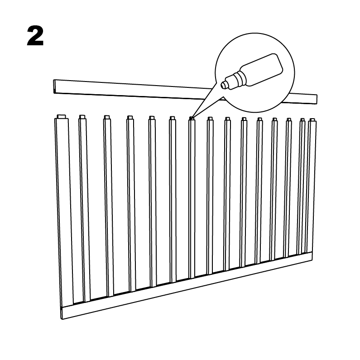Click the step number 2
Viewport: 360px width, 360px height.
click(35, 36)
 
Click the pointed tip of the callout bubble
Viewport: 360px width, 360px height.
click(191, 119)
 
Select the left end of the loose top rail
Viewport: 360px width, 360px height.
click(55, 86)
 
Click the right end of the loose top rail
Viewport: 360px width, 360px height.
click(316, 99)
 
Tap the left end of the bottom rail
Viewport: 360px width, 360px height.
click(62, 312)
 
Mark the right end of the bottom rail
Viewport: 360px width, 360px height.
click(312, 256)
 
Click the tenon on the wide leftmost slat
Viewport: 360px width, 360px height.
click(62, 117)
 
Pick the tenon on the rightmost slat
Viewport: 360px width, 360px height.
click(312, 120)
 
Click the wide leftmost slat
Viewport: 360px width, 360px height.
click(63, 211)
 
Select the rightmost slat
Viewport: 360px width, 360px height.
click(312, 187)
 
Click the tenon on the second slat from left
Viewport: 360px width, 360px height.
click(82, 117)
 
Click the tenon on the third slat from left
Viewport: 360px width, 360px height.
click(106, 117)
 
